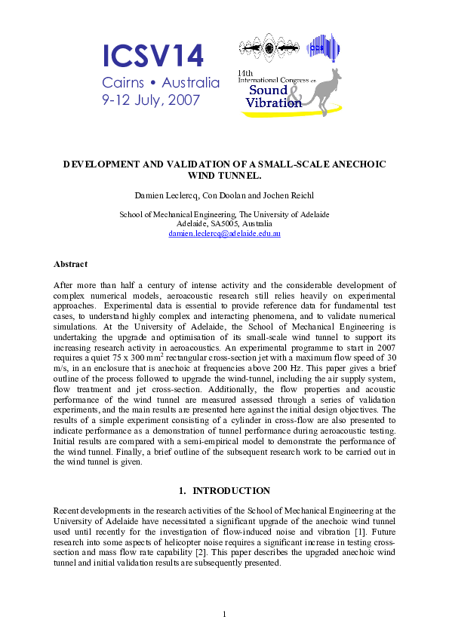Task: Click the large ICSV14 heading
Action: tap(152, 56)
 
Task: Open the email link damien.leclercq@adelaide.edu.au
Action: tap(224, 234)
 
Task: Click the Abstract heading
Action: tap(70, 264)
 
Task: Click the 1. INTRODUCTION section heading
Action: tap(224, 490)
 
